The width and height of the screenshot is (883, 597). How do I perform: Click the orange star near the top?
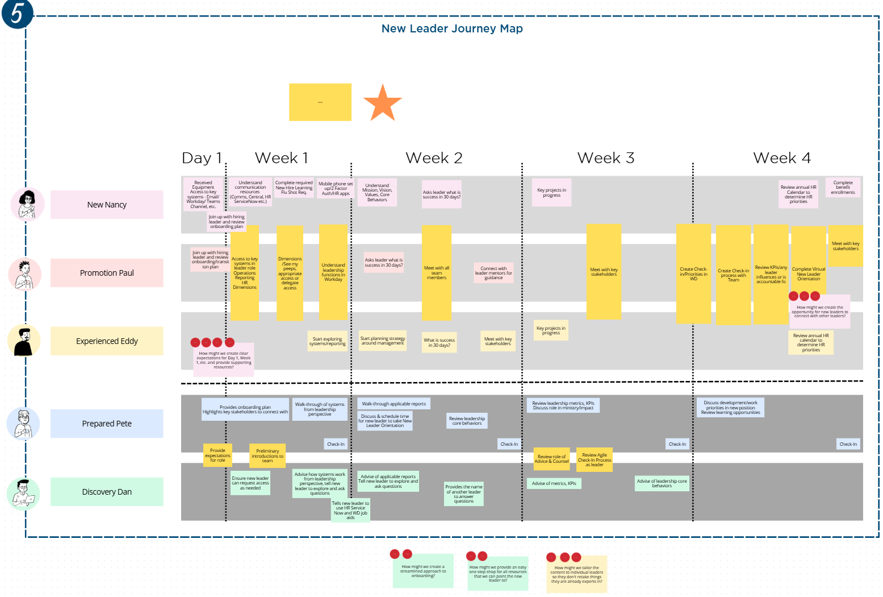[x=382, y=103]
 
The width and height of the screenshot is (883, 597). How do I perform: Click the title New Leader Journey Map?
[x=452, y=29]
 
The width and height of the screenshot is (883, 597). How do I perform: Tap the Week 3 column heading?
[x=605, y=158]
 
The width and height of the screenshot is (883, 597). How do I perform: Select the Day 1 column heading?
[x=201, y=158]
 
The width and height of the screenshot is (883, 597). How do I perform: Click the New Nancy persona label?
[x=107, y=205]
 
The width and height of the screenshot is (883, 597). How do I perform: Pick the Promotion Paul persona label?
[x=107, y=273]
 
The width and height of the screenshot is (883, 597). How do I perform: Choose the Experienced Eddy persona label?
[x=107, y=341]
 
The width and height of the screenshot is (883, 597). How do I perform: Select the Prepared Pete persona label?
[x=107, y=424]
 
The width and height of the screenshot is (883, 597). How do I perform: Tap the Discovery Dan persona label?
[x=107, y=492]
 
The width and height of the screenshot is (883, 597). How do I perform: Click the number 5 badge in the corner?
[x=17, y=14]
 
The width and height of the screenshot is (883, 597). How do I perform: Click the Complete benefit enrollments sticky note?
[x=843, y=188]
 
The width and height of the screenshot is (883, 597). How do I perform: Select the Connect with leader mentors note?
[x=493, y=273]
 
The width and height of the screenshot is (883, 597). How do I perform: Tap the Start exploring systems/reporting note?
[x=327, y=341]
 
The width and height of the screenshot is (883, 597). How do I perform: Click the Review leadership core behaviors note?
[x=467, y=421]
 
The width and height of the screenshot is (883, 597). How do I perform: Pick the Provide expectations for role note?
[x=217, y=455]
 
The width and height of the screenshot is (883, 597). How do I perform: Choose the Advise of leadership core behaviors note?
[x=662, y=483]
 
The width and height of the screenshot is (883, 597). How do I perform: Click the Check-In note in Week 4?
[x=848, y=444]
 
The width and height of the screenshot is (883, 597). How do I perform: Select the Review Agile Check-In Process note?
[x=595, y=459]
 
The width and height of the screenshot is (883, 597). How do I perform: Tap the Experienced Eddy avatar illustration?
[x=24, y=341]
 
